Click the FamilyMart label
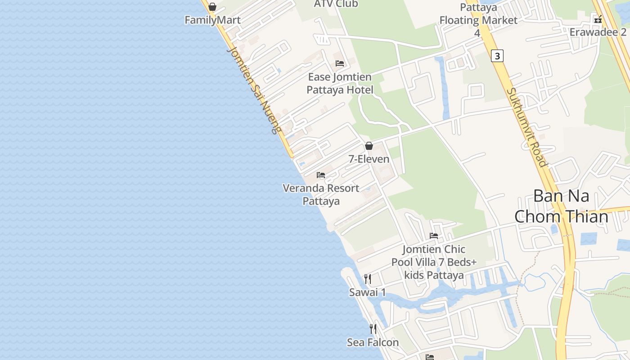click(x=212, y=20)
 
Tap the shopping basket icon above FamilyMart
click(x=212, y=7)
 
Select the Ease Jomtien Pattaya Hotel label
click(x=340, y=83)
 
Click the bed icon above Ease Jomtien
click(x=340, y=63)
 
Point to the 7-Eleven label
click(x=369, y=159)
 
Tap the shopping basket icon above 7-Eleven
click(x=369, y=146)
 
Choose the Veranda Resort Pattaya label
click(x=321, y=194)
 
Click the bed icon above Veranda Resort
click(x=321, y=175)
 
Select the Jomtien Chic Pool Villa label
click(x=434, y=262)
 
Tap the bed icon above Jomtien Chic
click(x=434, y=236)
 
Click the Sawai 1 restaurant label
click(x=368, y=292)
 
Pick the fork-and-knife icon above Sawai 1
click(x=368, y=279)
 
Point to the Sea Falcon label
click(x=373, y=342)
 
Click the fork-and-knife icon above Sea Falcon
click(x=373, y=329)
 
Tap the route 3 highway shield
click(x=497, y=56)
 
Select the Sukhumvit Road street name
click(x=526, y=127)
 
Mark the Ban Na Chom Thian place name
click(x=561, y=206)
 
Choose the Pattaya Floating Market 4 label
click(x=478, y=20)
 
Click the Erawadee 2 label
click(x=598, y=32)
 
